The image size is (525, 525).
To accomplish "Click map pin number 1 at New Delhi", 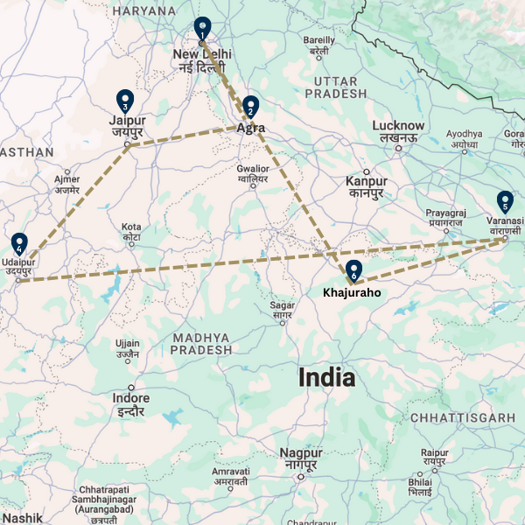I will pos(202,28).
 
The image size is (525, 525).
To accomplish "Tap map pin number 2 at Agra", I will pos(250,107).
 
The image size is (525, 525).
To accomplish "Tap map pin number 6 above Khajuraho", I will pos(353,270).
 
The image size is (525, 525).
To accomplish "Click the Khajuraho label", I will pos(352,292).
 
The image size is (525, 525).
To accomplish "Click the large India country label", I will pos(327,378).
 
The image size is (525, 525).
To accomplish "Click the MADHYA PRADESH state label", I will pos(201,343).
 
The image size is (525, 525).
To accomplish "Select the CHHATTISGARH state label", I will pos(462,417).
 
